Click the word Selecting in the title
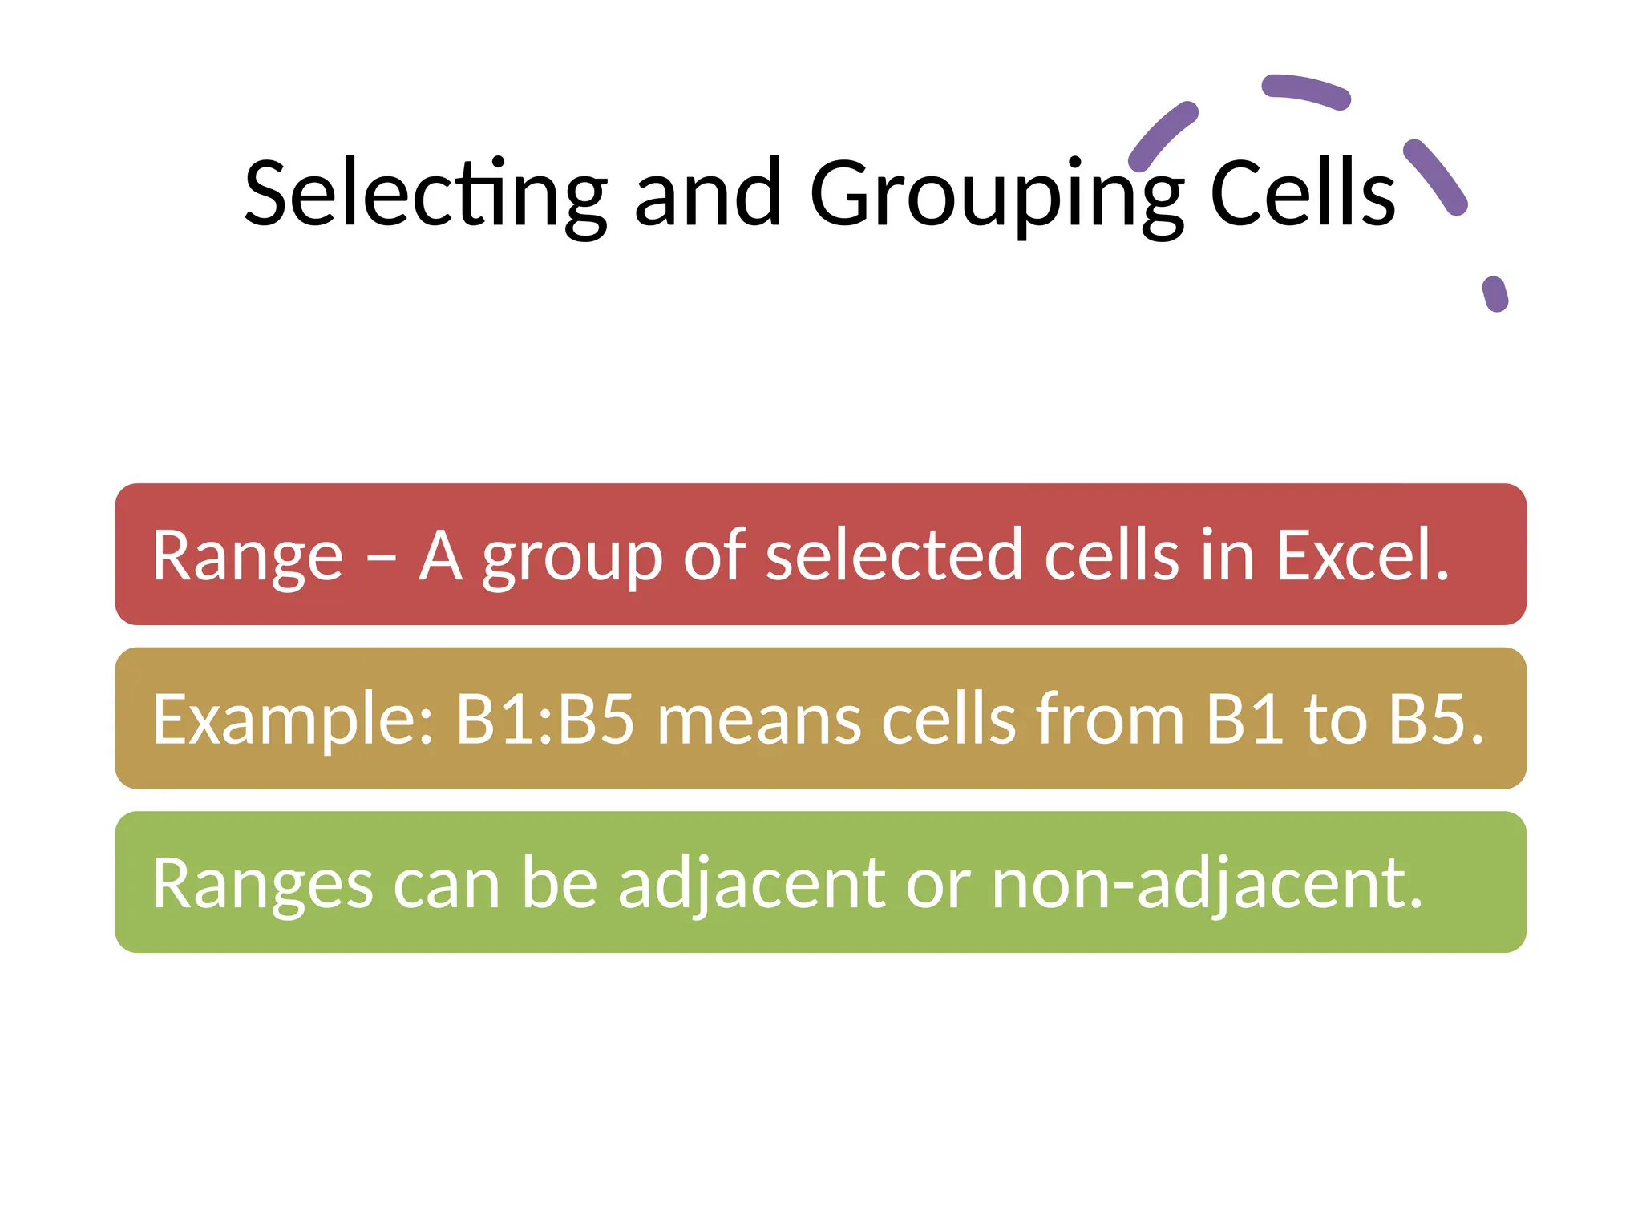tap(425, 194)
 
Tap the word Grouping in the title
tap(996, 194)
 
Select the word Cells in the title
tap(1302, 194)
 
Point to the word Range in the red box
tap(247, 556)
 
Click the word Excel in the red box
tap(1361, 555)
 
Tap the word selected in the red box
tap(893, 555)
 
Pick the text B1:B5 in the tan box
tap(545, 719)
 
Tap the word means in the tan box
tap(758, 720)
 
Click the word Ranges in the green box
tap(262, 885)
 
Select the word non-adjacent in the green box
tap(1206, 883)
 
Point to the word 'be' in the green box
tap(560, 883)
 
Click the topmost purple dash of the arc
tap(1306, 91)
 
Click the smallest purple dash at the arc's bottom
tap(1494, 294)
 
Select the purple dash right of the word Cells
tap(1435, 176)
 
